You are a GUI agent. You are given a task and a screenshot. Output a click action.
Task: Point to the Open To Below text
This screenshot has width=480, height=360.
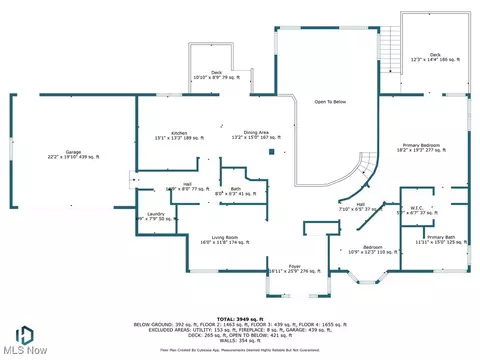pyautogui.click(x=330, y=100)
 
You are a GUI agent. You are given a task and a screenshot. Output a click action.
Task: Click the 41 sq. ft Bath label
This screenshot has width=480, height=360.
pyautogui.click(x=235, y=191)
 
